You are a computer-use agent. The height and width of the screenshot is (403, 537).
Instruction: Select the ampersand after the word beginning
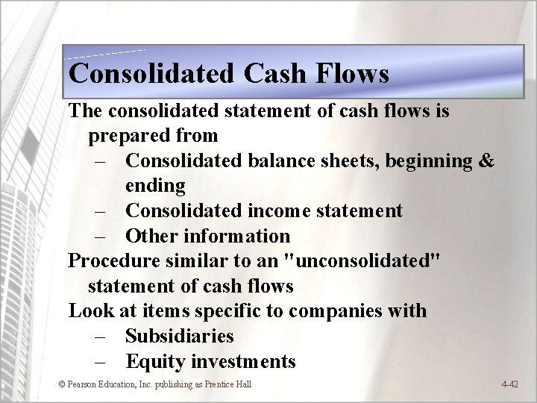click(485, 160)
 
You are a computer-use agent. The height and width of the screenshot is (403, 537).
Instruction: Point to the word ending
click(155, 185)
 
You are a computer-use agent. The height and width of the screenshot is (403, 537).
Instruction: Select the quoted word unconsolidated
click(370, 261)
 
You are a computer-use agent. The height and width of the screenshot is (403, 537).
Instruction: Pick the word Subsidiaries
click(180, 336)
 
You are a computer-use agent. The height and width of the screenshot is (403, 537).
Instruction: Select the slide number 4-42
click(510, 384)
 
